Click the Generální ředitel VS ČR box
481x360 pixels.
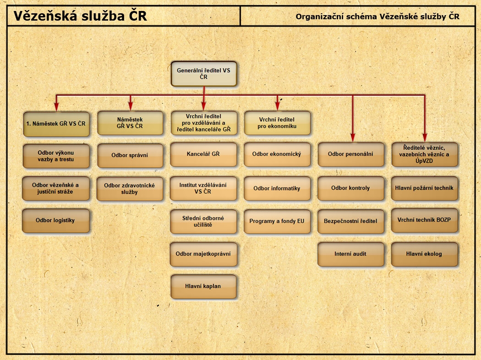point(204,74)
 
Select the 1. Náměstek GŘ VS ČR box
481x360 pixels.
point(56,123)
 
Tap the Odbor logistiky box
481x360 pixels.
point(55,220)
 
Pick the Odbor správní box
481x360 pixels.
point(130,155)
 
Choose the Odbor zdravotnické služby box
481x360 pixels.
point(130,189)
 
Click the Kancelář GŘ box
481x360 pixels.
point(203,154)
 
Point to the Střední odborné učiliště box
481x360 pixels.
point(203,222)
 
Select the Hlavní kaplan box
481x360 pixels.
point(203,286)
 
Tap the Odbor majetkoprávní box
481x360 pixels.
point(203,254)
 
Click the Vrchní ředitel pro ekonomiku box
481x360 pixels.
point(277,123)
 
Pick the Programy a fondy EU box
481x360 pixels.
point(277,221)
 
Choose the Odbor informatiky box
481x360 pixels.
point(277,188)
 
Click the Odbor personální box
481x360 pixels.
point(351,154)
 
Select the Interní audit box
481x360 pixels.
point(351,254)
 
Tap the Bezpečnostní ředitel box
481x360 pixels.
point(351,221)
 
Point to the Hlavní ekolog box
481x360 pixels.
point(424,254)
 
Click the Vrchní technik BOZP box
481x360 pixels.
point(424,220)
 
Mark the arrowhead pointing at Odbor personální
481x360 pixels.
point(352,137)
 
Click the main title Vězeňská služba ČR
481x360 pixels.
point(80,16)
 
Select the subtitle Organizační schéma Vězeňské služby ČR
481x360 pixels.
point(377,17)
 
